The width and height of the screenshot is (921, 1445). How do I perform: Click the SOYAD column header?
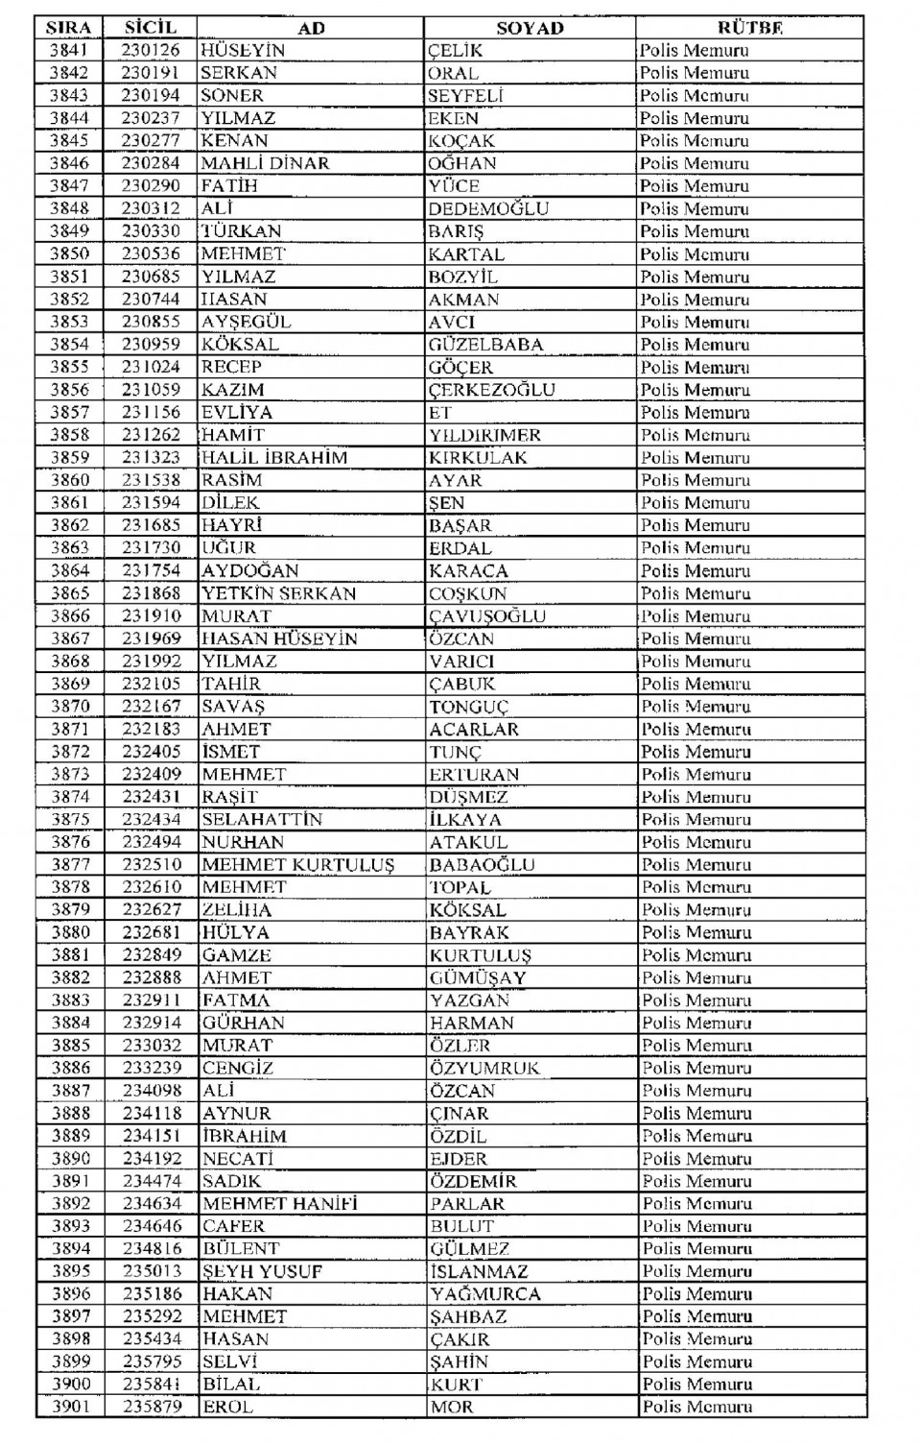(530, 28)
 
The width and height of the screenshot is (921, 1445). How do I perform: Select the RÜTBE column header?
(749, 28)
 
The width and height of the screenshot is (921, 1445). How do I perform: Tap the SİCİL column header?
(151, 28)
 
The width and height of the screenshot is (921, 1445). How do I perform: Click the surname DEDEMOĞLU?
(488, 208)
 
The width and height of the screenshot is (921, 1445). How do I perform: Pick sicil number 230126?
(151, 50)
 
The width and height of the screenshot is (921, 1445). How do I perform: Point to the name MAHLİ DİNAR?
(265, 163)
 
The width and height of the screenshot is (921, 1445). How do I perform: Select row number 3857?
(69, 412)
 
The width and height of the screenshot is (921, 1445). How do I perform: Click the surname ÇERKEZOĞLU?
(491, 390)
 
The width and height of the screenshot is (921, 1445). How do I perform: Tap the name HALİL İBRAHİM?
(274, 457)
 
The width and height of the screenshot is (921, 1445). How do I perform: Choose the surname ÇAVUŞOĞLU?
(487, 616)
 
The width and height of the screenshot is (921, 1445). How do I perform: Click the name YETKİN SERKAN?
(278, 593)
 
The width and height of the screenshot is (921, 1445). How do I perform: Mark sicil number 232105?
(152, 684)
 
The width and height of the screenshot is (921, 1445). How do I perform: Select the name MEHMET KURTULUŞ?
(297, 865)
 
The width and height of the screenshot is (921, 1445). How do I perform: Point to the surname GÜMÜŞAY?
(478, 977)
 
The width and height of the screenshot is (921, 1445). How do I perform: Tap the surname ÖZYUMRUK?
(484, 1068)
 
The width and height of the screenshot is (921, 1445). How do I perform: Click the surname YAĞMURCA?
(485, 1294)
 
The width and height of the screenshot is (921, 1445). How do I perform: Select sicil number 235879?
(153, 1407)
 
